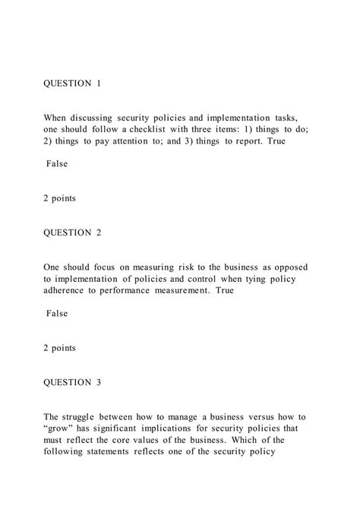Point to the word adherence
point(69,291)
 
